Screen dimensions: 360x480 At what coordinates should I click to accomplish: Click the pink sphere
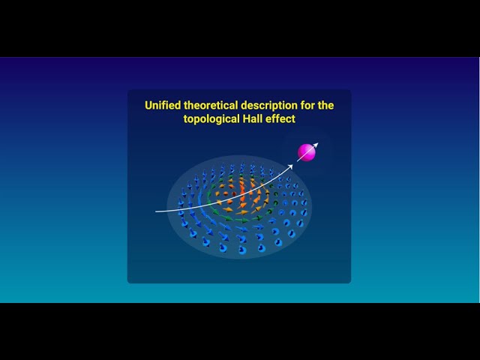(307, 152)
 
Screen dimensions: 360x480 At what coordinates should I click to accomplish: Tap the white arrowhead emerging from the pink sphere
(315, 144)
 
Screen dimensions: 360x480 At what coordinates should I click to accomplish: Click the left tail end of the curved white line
(157, 211)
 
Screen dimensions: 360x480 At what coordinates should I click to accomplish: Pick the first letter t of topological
(186, 119)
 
